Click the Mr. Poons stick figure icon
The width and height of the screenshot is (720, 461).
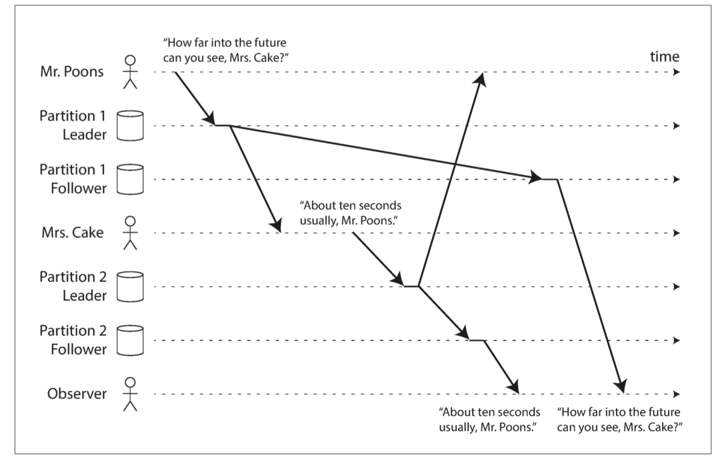[131, 72]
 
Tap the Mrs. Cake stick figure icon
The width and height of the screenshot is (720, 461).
[131, 233]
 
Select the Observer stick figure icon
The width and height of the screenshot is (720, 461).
[131, 394]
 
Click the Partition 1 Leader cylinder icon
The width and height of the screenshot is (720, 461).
[131, 125]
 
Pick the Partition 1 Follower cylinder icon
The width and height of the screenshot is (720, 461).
[131, 179]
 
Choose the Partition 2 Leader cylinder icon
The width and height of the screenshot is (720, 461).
[131, 286]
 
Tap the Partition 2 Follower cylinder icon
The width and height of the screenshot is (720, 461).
[131, 340]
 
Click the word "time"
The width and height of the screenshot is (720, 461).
[664, 57]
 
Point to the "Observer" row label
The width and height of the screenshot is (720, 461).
[77, 394]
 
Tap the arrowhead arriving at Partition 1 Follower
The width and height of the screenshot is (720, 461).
[535, 177]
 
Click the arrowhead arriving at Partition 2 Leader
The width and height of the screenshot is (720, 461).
[398, 281]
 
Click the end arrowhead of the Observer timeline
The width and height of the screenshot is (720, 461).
[676, 394]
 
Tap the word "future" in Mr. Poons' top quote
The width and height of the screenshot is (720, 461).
[273, 45]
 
